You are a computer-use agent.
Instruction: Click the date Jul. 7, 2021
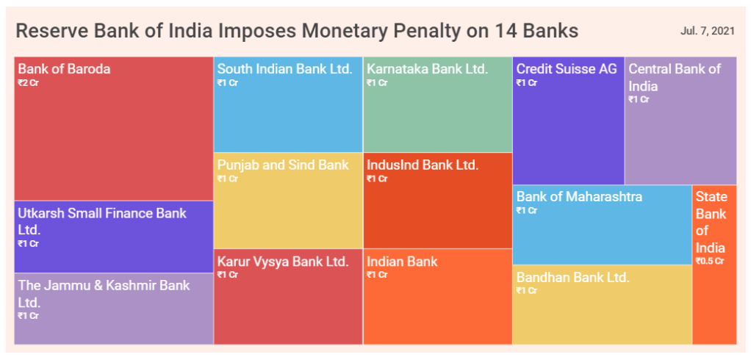pyautogui.click(x=707, y=32)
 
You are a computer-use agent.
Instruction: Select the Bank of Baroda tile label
pyautogui.click(x=64, y=69)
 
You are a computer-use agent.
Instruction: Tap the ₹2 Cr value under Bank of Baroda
pyautogui.click(x=27, y=83)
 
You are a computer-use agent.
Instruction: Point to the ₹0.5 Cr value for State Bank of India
pyautogui.click(x=710, y=262)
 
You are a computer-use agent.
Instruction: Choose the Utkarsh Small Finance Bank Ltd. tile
pyautogui.click(x=114, y=237)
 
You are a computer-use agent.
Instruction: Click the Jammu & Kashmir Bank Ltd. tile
pyautogui.click(x=114, y=309)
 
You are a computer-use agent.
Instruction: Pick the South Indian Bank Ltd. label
pyautogui.click(x=285, y=69)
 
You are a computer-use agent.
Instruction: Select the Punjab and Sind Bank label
pyautogui.click(x=283, y=165)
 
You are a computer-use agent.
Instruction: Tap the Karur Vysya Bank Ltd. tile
pyautogui.click(x=288, y=296)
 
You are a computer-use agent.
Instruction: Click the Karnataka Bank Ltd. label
pyautogui.click(x=427, y=69)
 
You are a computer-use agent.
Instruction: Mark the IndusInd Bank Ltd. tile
pyautogui.click(x=438, y=201)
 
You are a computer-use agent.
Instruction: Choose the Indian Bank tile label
pyautogui.click(x=403, y=262)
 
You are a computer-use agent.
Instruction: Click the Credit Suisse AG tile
pyautogui.click(x=569, y=120)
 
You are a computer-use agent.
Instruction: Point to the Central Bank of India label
pyautogui.click(x=675, y=78)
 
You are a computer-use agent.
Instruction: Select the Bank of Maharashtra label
pyautogui.click(x=579, y=196)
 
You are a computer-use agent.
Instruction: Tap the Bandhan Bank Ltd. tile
pyautogui.click(x=602, y=304)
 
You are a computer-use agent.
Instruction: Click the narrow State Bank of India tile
pyautogui.click(x=714, y=264)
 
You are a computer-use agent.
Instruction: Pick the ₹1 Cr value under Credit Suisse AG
pyautogui.click(x=526, y=83)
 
